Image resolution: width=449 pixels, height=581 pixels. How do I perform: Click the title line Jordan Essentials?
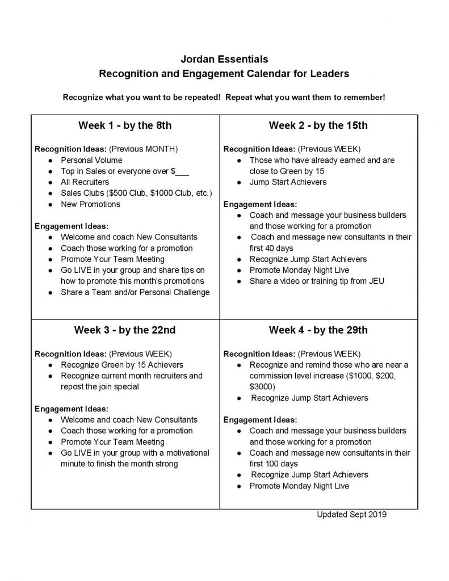pyautogui.click(x=224, y=58)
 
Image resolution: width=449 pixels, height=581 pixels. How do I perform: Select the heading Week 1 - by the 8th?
pyautogui.click(x=125, y=125)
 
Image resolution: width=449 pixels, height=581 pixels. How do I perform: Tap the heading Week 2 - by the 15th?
pyautogui.click(x=318, y=125)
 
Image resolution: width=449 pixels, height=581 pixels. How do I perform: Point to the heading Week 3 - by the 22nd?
pyautogui.click(x=125, y=330)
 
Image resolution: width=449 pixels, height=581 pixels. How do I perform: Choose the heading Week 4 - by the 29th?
pyautogui.click(x=318, y=330)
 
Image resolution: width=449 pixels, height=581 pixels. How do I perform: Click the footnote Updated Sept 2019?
pyautogui.click(x=352, y=515)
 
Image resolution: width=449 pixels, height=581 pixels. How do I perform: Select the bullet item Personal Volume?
pyautogui.click(x=91, y=160)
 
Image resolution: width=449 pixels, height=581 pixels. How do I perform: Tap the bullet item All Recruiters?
pyautogui.click(x=85, y=182)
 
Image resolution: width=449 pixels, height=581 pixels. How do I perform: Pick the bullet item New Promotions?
pyautogui.click(x=90, y=204)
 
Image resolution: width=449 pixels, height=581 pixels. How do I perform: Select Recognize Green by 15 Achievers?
pyautogui.click(x=122, y=364)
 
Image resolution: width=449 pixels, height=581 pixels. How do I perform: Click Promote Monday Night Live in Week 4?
pyautogui.click(x=299, y=486)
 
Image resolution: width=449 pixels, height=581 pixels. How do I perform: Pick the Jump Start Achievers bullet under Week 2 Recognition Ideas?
pyautogui.click(x=288, y=182)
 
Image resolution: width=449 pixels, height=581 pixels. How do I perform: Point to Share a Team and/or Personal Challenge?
pyautogui.click(x=135, y=292)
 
